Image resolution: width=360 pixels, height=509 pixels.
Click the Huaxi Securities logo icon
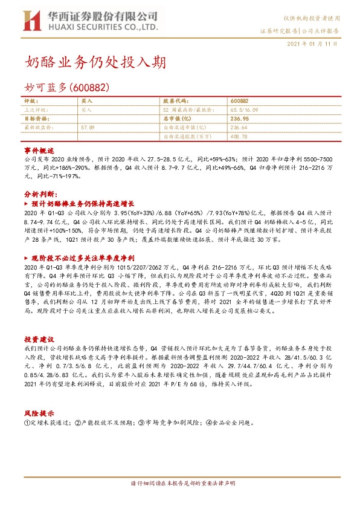coord(31,22)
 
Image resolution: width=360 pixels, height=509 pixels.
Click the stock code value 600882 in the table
coord(239,102)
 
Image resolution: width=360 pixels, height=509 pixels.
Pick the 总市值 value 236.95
coord(239,119)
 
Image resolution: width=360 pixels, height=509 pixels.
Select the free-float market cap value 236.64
coord(239,128)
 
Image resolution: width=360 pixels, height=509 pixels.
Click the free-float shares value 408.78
coord(239,137)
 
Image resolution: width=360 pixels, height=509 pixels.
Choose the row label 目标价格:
coord(37,119)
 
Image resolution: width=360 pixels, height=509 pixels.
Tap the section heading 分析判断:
coord(40,193)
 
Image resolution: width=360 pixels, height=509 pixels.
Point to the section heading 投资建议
coord(39,339)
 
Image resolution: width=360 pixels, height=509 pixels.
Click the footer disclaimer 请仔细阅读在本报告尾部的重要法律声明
coord(180,484)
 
